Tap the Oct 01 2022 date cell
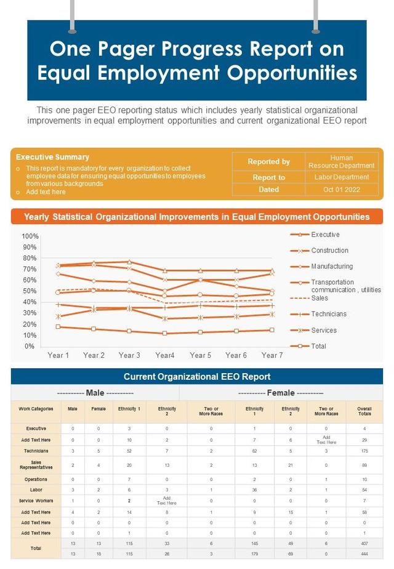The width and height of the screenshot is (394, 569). click(342, 190)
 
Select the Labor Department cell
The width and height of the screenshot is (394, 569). click(342, 177)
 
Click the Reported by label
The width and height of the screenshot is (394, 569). click(268, 161)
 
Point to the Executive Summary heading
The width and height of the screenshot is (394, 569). click(52, 157)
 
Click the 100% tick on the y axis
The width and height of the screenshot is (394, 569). click(30, 236)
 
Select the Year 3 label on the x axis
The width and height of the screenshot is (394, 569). click(129, 355)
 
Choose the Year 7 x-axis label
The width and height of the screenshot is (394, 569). click(272, 355)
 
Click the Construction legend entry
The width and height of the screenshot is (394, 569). click(329, 251)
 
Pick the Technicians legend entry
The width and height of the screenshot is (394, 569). click(329, 314)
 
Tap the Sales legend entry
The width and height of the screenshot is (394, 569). click(320, 298)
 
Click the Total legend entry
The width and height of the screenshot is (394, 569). click(318, 346)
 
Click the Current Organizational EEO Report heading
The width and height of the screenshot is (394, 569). click(197, 377)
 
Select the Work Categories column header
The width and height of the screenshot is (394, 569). click(36, 408)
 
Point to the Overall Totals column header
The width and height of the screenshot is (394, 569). click(364, 411)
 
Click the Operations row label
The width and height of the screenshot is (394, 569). click(36, 479)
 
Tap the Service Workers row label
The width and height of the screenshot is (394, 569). click(36, 501)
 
